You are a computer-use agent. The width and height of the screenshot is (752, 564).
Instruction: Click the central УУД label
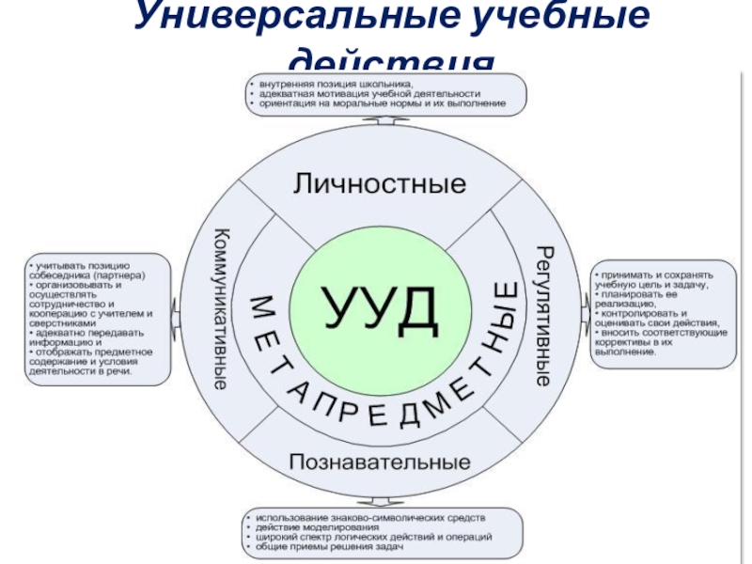380,303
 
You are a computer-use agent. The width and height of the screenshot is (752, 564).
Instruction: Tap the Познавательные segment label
379,462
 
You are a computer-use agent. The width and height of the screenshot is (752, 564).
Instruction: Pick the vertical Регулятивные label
543,316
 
